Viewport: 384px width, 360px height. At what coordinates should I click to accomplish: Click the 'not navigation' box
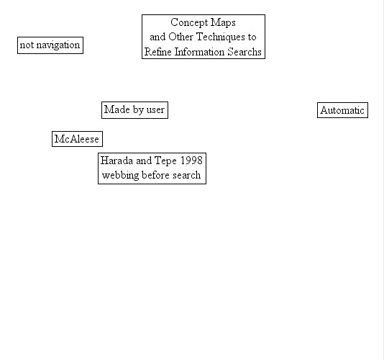(x=50, y=45)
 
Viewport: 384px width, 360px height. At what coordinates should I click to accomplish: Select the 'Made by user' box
(x=134, y=110)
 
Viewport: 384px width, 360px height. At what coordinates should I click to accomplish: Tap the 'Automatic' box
(x=342, y=110)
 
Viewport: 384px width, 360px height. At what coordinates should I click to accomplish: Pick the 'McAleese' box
(x=77, y=139)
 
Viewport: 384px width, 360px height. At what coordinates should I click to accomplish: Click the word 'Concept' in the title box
(x=189, y=23)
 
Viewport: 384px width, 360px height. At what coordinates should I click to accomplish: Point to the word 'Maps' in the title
(x=223, y=23)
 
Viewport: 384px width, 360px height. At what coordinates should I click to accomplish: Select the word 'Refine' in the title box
(x=158, y=52)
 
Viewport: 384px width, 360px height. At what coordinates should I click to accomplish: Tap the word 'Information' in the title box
(x=199, y=52)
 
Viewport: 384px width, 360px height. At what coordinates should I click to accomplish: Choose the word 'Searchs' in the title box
(x=244, y=52)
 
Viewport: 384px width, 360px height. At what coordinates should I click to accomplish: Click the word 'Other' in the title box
(x=180, y=37)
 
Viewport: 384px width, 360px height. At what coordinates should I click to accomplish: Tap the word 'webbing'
(x=121, y=176)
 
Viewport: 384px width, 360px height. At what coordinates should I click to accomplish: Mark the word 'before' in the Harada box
(x=155, y=175)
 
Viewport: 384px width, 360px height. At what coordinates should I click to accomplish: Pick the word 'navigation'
(x=58, y=45)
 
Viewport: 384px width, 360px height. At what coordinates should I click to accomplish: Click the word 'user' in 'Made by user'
(x=155, y=110)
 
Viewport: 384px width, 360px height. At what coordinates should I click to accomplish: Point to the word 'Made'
(x=116, y=109)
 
